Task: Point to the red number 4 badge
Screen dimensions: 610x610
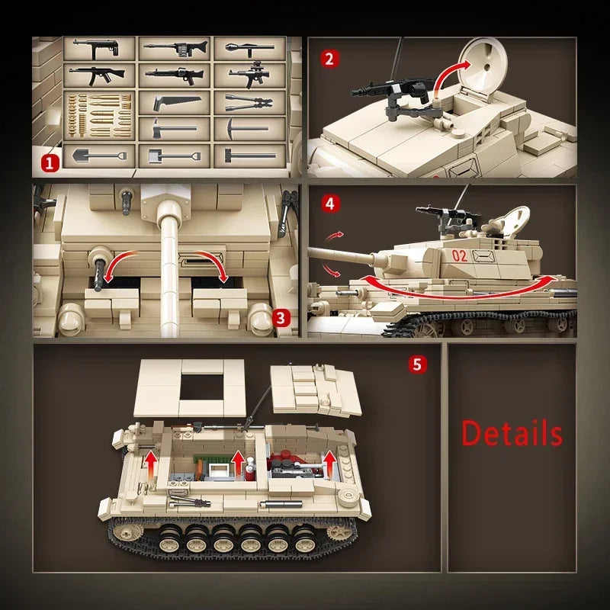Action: [x=329, y=204]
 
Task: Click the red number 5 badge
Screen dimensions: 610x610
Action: [x=416, y=364]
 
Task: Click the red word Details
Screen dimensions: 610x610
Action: [x=512, y=433]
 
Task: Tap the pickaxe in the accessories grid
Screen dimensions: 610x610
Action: [x=249, y=129]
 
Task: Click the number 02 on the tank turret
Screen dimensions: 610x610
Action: [x=459, y=255]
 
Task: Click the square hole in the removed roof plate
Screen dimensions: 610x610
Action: [x=201, y=388]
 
